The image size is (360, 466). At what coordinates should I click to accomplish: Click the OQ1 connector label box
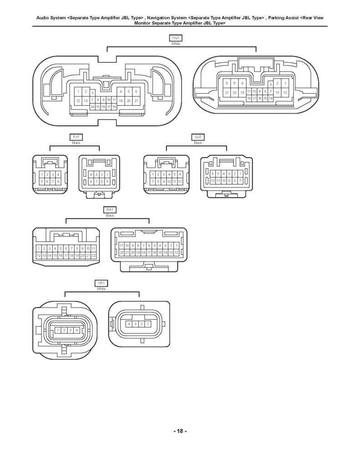(x=175, y=38)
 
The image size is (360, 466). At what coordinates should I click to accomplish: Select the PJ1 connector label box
(x=76, y=137)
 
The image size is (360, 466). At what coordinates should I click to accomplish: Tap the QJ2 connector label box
(x=198, y=137)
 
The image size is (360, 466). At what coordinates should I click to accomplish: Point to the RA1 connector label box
(x=110, y=210)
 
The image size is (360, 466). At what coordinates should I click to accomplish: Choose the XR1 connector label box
(x=101, y=283)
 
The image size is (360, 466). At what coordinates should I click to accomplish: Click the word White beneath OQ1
(x=175, y=44)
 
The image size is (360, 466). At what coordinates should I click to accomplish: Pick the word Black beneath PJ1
(x=76, y=143)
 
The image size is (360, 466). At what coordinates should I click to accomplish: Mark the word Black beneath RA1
(x=110, y=215)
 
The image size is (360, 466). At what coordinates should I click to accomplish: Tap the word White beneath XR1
(x=101, y=289)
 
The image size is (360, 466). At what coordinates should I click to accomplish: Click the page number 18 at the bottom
(x=180, y=431)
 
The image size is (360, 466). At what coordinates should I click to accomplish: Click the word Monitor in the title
(x=142, y=23)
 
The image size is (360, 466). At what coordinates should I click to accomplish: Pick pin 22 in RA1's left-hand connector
(x=94, y=255)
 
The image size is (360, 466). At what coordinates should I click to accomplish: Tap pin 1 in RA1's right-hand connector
(x=177, y=245)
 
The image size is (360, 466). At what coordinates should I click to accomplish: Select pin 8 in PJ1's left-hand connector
(x=58, y=181)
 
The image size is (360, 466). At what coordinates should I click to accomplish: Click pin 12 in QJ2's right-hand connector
(x=213, y=181)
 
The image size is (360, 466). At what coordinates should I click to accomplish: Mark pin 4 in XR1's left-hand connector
(x=77, y=330)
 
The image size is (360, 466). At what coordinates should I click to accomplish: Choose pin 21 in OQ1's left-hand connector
(x=137, y=101)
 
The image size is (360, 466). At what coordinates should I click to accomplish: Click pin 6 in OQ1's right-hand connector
(x=227, y=83)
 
